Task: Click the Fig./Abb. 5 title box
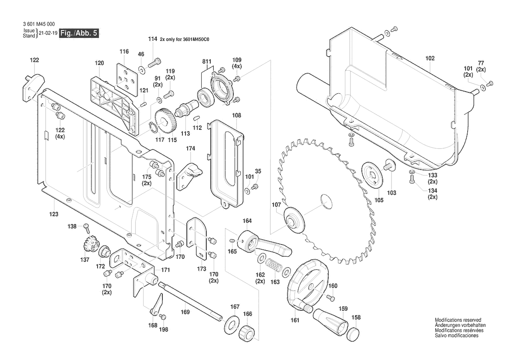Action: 79,34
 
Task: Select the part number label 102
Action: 430,58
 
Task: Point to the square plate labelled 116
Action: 127,77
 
